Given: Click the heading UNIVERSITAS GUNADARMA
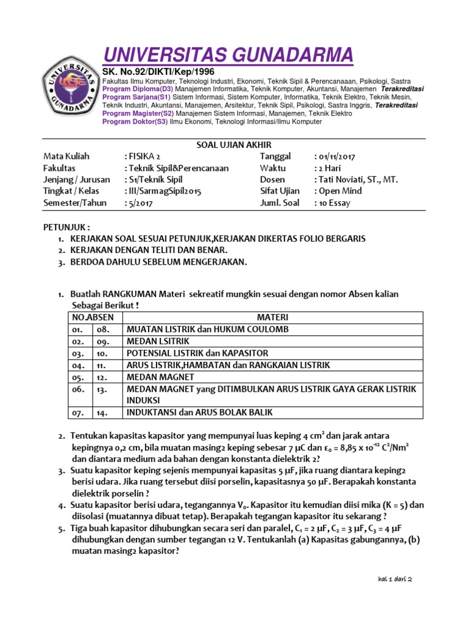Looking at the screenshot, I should pos(227,55).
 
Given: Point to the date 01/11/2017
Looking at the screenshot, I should pos(336,156).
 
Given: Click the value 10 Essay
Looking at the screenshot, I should pos(334,203).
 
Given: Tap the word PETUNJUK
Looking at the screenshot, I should pos(65,227).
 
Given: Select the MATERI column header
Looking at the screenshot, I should pos(272,318).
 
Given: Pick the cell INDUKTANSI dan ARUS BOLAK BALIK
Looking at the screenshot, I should pos(199,412).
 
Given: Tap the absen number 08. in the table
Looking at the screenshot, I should pos(101,329).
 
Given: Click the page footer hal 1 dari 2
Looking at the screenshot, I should pos(395,580).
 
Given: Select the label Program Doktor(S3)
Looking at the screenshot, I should pos(135,122).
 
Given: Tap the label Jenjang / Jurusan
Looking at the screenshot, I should pos(77,179).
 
